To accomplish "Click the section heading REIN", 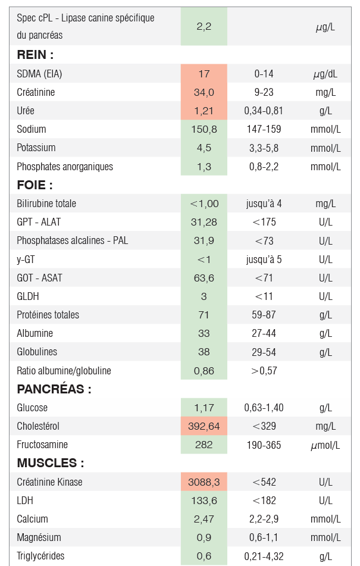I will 35,55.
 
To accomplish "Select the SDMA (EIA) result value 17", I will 204,74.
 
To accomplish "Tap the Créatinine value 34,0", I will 204,92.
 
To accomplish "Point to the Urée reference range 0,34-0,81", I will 264,111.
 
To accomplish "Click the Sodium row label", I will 32,129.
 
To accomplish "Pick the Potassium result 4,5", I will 204,148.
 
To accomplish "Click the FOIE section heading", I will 35,185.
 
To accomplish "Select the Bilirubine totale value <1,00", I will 204,204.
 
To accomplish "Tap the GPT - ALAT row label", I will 39,222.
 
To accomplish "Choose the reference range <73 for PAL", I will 264,240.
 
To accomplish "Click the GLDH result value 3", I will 204,296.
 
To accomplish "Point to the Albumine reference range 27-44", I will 264,333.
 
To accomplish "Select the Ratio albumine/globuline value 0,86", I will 204,370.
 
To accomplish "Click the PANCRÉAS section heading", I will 54,389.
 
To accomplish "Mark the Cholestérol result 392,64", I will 204,426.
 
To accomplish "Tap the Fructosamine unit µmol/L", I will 325,445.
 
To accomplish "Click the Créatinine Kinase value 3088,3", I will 204,482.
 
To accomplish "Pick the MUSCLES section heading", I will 50,463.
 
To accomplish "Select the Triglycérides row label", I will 40,556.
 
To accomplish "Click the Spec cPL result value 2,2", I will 204,26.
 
